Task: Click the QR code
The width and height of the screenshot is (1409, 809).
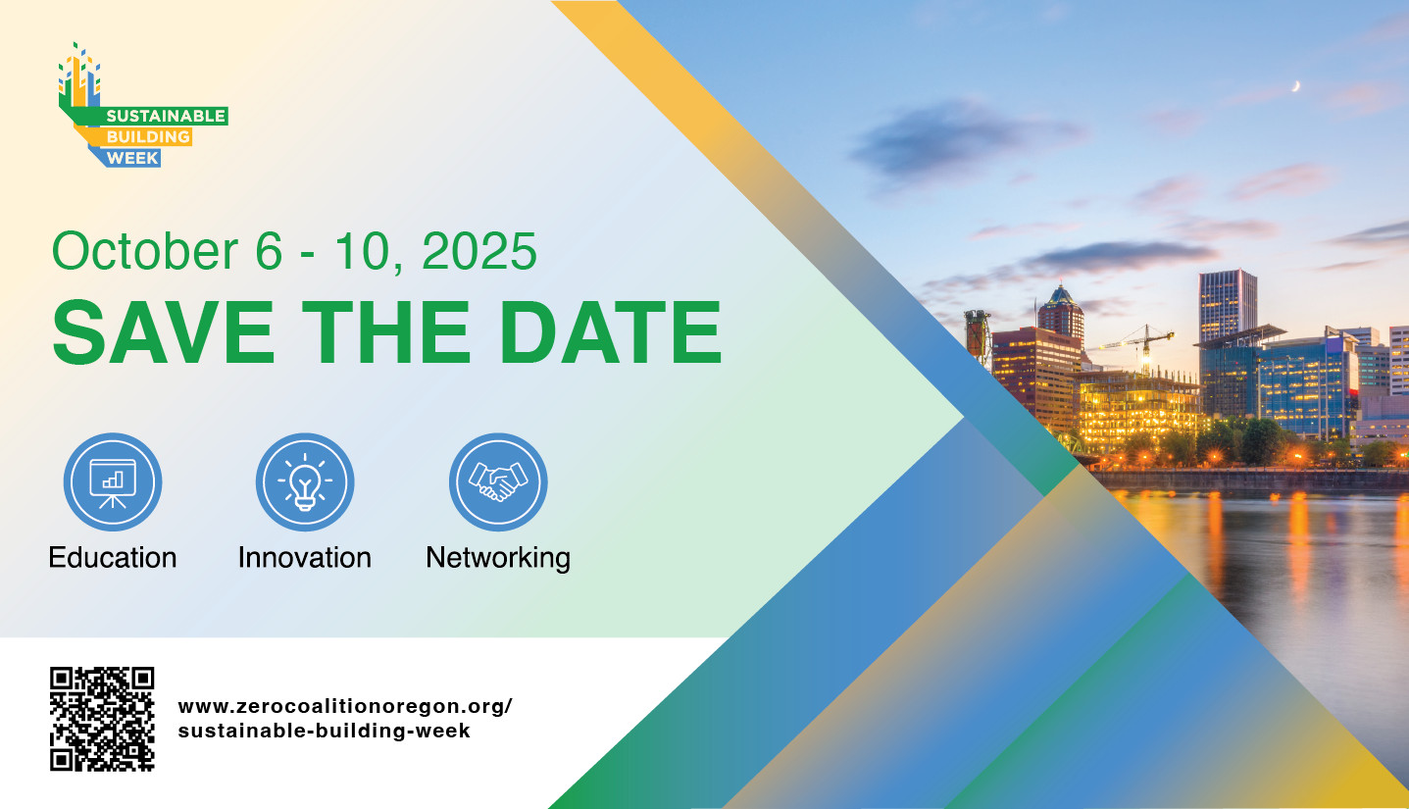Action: point(102,719)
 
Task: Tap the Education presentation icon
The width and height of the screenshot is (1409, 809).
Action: point(113,481)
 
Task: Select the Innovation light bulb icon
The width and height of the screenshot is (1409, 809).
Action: point(305,481)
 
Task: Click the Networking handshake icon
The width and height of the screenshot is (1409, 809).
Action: point(498,481)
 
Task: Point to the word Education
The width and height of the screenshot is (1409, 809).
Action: point(113,558)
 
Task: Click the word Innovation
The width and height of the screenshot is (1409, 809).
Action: point(304,558)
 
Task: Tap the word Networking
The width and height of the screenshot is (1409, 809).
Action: point(498,558)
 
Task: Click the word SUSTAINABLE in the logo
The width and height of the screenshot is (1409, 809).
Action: point(165,117)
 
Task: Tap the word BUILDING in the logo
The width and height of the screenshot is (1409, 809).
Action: point(147,137)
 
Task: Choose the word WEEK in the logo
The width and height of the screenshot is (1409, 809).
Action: point(132,157)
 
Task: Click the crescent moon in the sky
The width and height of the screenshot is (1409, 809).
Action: point(1296,87)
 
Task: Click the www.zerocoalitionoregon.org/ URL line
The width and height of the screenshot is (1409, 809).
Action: point(345,707)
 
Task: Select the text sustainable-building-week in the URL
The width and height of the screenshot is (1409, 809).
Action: point(325,732)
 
